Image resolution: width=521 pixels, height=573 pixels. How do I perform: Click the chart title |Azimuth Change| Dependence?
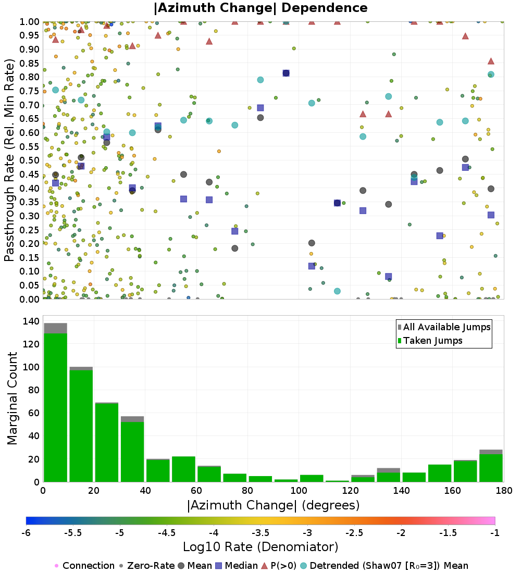pyautogui.click(x=260, y=8)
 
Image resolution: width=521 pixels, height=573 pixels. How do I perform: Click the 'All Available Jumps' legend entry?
pyautogui.click(x=446, y=327)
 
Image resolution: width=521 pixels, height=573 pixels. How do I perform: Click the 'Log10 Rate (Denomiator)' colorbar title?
pyautogui.click(x=260, y=547)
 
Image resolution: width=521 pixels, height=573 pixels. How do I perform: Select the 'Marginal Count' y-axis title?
pyautogui.click(x=13, y=398)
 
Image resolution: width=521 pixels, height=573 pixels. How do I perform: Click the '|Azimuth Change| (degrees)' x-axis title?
pyautogui.click(x=273, y=505)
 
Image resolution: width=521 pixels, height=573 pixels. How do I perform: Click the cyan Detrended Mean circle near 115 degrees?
pyautogui.click(x=337, y=291)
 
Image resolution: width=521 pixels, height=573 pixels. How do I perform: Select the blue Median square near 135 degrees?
pyautogui.click(x=388, y=277)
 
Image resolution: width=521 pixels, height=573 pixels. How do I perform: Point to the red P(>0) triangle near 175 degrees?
pyautogui.click(x=491, y=61)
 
